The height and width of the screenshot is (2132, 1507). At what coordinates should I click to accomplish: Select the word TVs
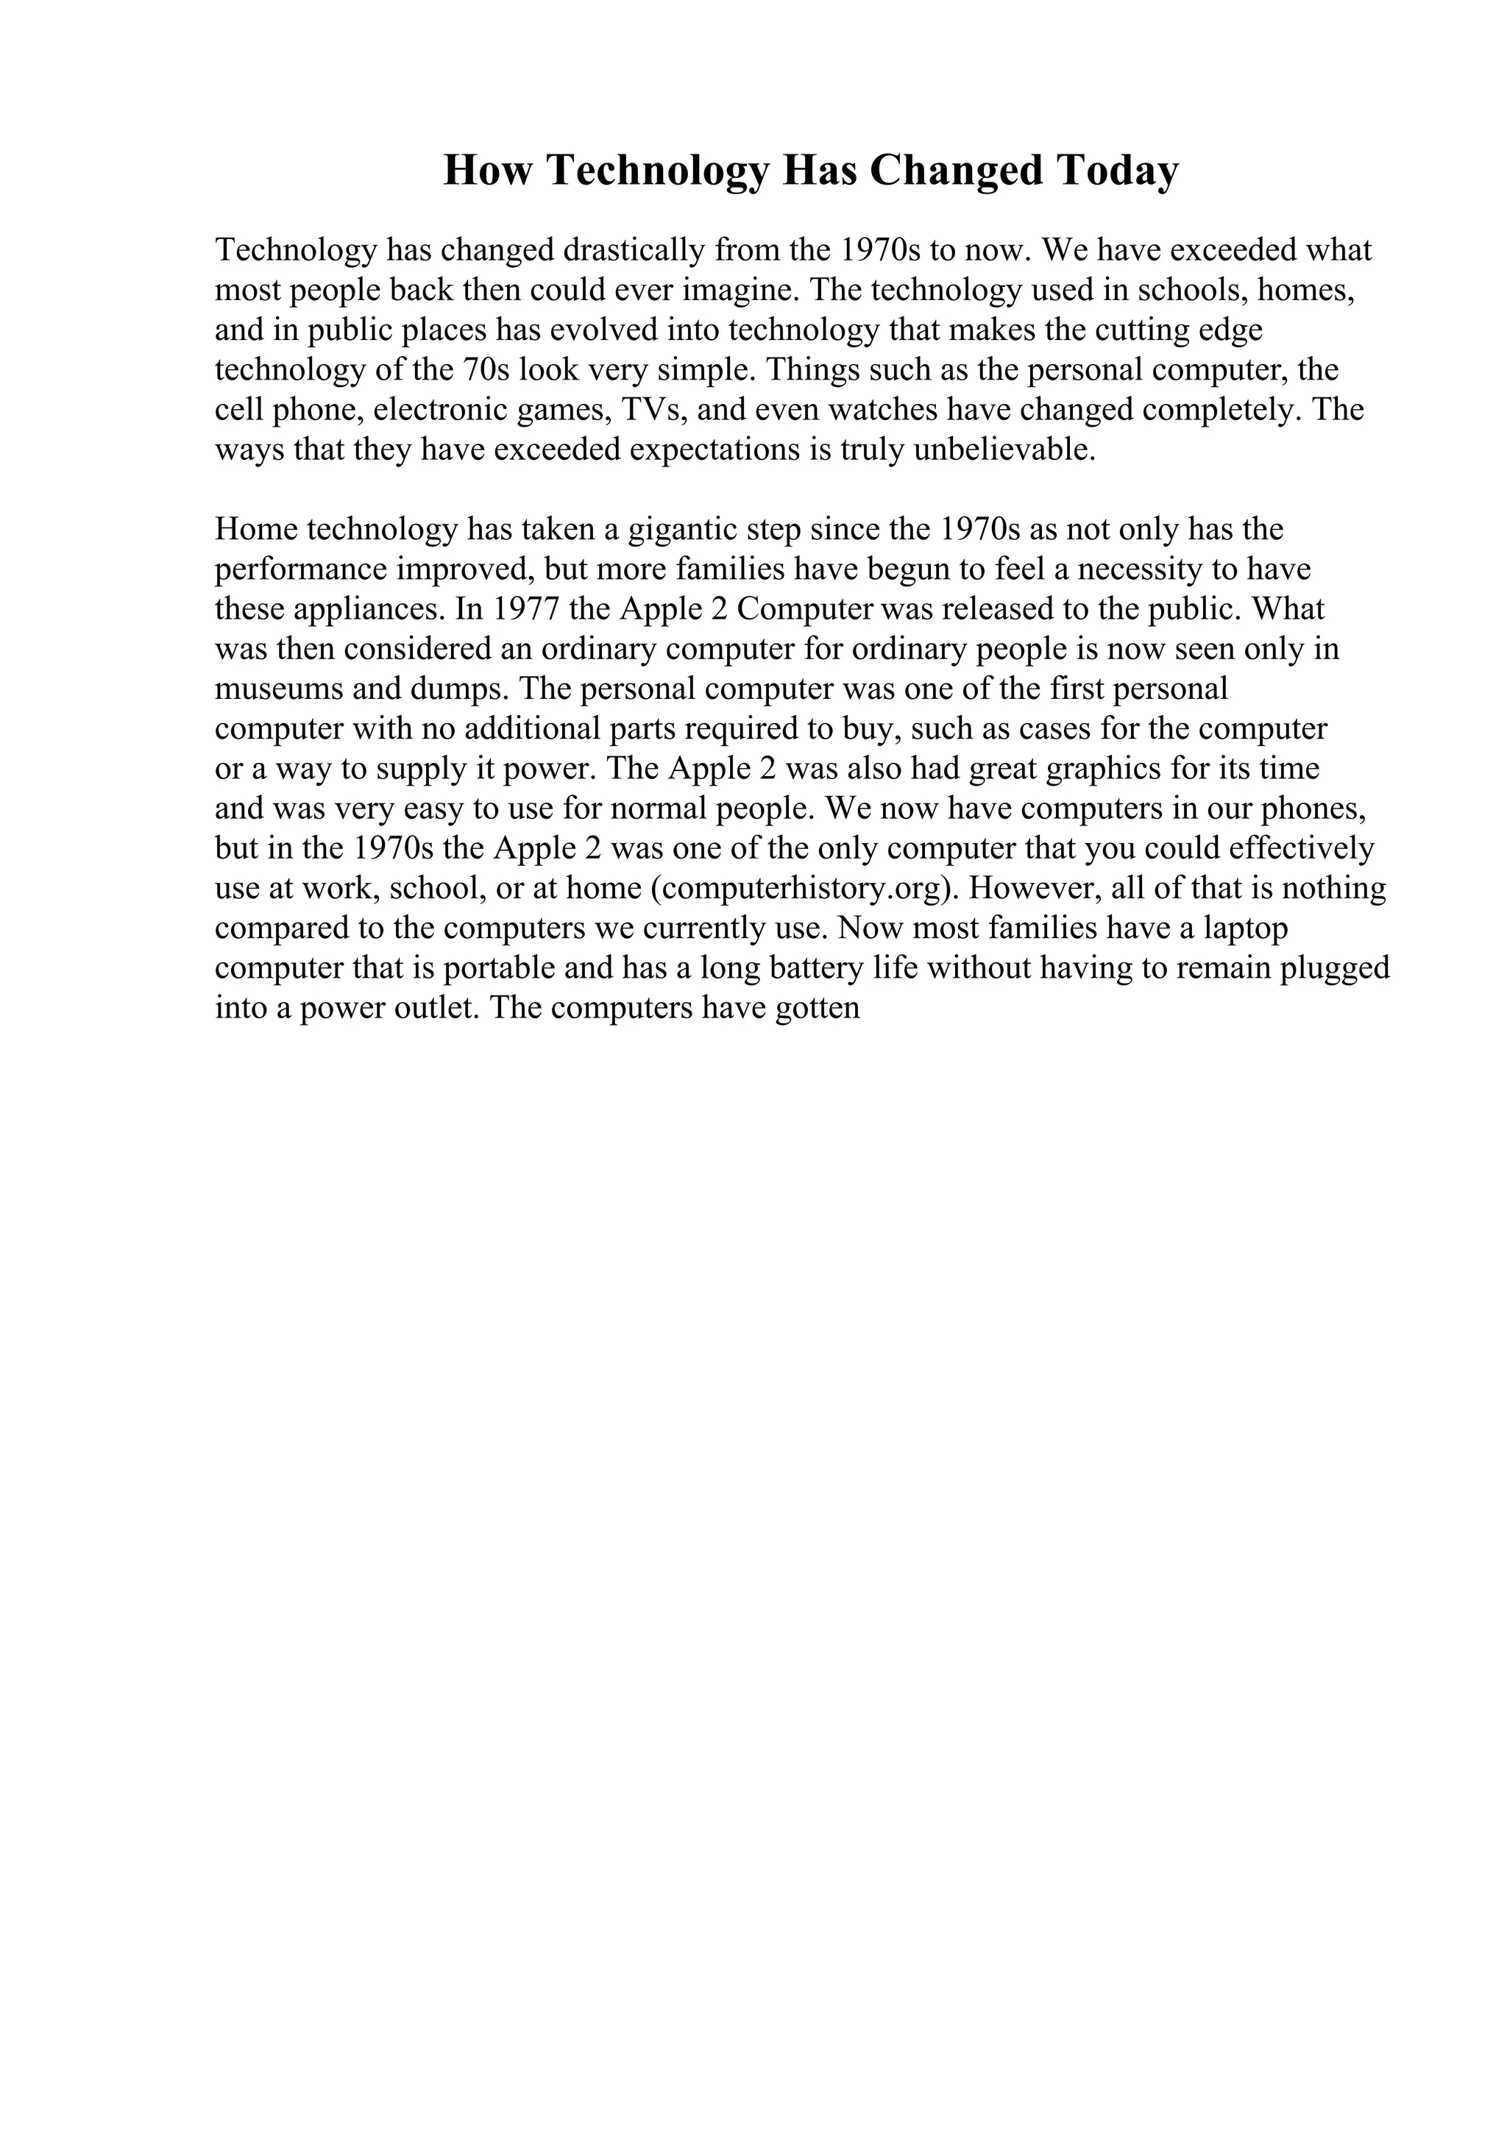[x=642, y=410]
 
